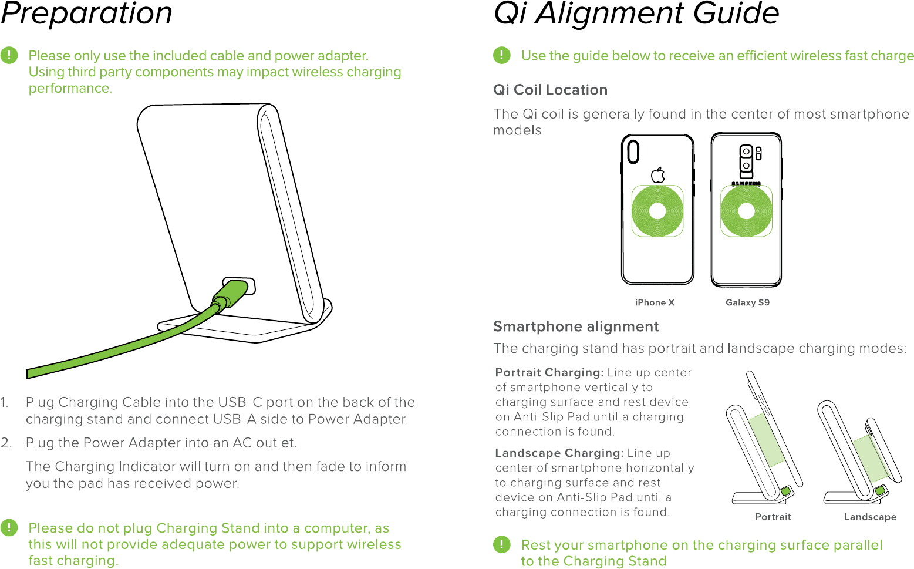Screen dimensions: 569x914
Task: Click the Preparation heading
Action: (86, 14)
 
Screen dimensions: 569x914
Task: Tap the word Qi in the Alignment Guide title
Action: (510, 14)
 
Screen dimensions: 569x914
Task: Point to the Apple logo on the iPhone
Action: (658, 175)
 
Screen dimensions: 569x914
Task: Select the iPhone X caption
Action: (655, 302)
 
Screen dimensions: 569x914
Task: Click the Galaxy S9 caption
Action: (747, 302)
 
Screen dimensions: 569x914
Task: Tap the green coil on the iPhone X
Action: (657, 211)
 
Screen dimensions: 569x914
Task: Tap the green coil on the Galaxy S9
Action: (746, 211)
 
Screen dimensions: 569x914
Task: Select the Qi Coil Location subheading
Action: (550, 90)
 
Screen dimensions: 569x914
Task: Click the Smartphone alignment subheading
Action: (576, 326)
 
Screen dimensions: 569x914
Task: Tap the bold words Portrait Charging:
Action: (549, 372)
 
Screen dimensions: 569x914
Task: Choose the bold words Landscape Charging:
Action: (559, 453)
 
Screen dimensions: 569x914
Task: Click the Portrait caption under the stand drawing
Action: (773, 517)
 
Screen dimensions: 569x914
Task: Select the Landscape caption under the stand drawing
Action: (870, 517)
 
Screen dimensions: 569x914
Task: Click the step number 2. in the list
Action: (6, 443)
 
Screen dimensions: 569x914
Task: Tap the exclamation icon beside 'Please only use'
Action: (9, 56)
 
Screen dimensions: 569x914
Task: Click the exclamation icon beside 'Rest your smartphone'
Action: (501, 544)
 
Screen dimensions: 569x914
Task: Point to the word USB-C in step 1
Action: (240, 402)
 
